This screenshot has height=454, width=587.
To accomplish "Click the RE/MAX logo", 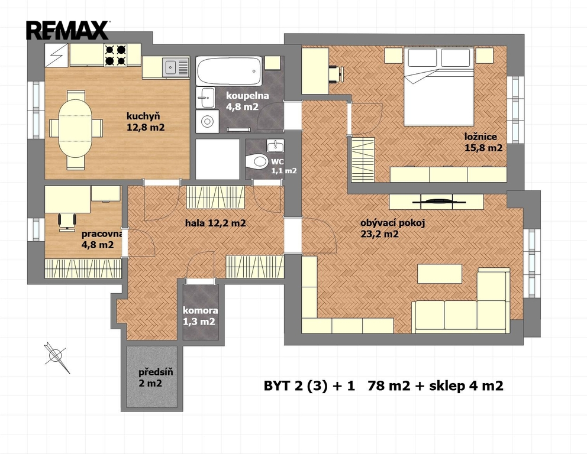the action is [67, 30].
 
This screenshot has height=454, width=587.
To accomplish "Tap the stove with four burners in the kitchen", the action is [115, 55].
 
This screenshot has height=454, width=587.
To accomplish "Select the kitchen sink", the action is [176, 67].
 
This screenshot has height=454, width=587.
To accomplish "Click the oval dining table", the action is [76, 130].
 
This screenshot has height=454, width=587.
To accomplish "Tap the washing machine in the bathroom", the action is [207, 121].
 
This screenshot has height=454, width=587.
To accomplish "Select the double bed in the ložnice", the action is [438, 86].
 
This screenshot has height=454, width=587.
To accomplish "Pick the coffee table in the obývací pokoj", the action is [440, 274].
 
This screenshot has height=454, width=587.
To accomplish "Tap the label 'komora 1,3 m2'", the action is [199, 316].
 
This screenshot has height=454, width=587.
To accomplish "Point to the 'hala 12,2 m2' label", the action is [215, 223].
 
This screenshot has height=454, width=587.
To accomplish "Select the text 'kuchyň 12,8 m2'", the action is [146, 122].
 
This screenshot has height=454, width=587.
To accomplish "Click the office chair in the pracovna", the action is [67, 220].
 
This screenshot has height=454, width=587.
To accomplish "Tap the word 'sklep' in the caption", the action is [447, 385].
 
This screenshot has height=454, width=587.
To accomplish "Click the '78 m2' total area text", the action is [389, 385].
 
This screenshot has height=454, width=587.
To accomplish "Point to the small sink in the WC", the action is [275, 146].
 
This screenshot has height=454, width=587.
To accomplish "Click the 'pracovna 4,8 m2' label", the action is [102, 239].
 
